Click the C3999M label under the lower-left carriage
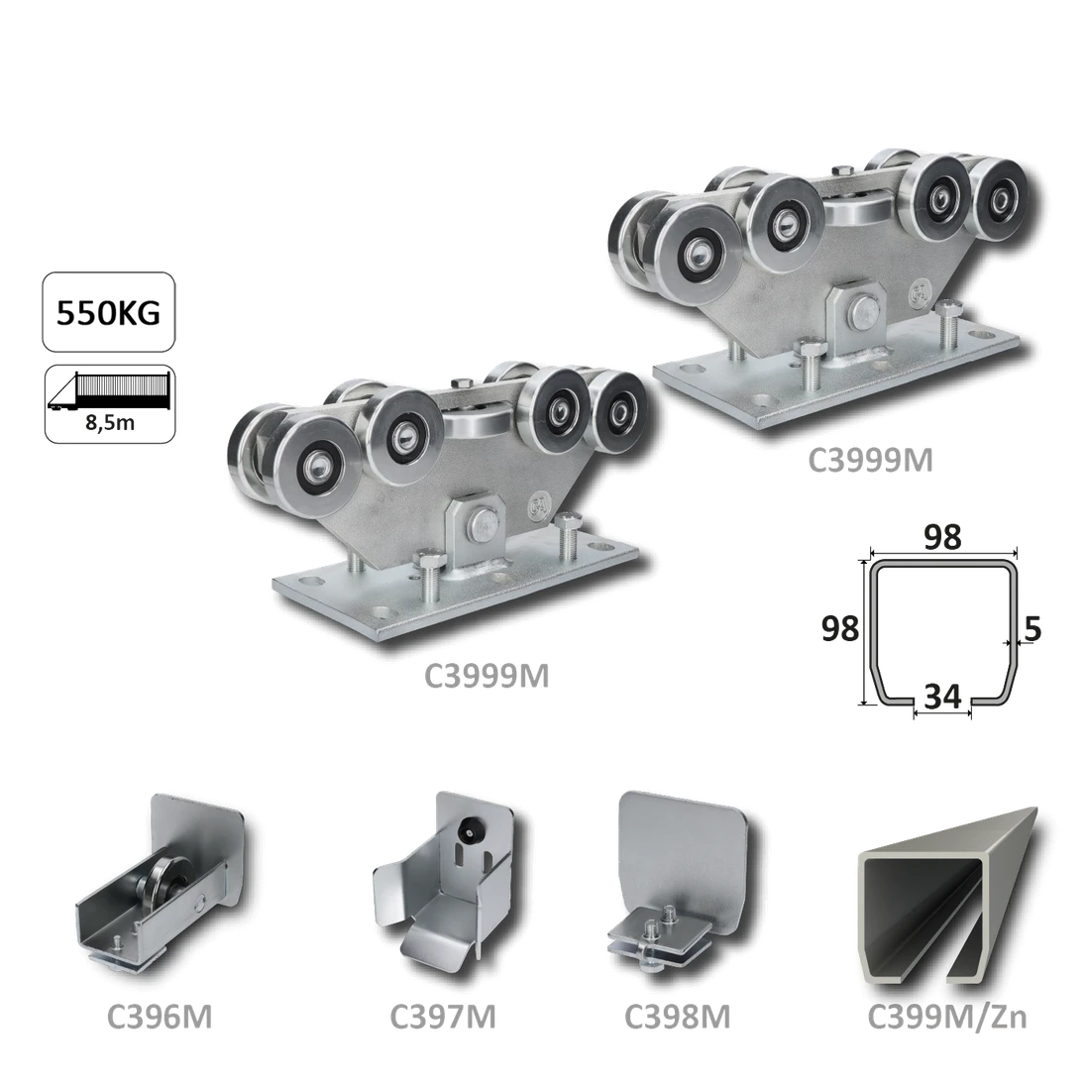pyautogui.click(x=486, y=678)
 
